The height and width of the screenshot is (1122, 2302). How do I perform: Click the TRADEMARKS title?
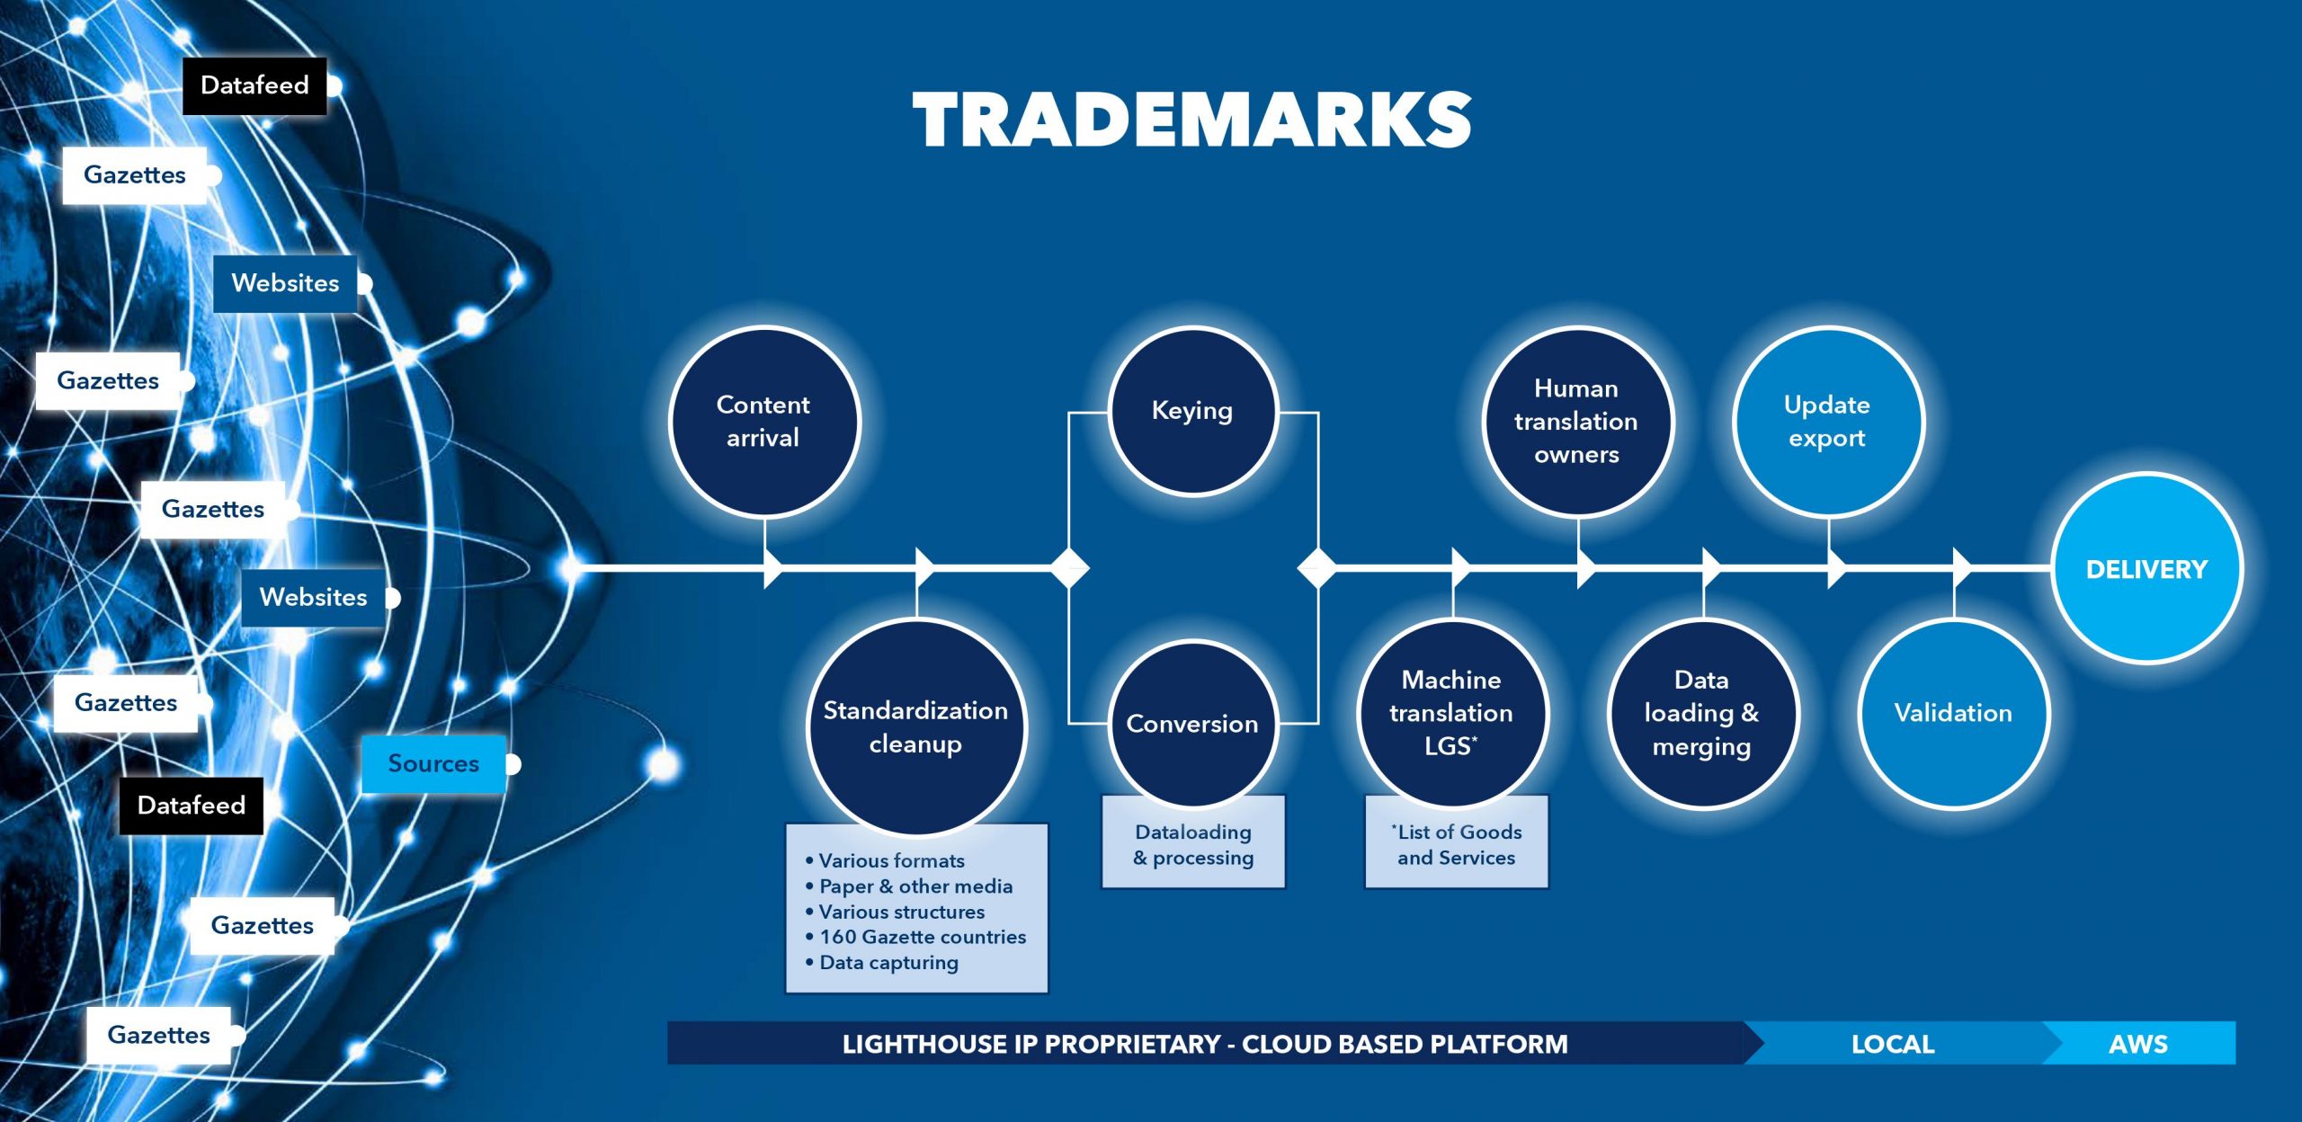[1191, 120]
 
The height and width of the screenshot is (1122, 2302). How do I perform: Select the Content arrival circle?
[763, 422]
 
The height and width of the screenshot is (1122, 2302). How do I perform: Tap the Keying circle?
[1192, 411]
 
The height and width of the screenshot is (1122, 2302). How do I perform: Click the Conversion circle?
[1192, 724]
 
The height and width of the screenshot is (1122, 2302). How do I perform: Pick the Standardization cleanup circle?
[915, 727]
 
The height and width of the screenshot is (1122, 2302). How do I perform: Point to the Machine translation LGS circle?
[1451, 713]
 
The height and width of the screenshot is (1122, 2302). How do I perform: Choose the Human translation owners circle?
[1576, 422]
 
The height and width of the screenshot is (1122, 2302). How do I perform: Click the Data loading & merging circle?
[1701, 713]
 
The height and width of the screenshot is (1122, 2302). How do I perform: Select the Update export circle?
[1827, 422]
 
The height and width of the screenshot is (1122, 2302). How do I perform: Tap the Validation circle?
[1953, 713]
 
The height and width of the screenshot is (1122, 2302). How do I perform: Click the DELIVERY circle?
[2146, 568]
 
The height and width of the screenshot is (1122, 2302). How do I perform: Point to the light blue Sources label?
[433, 763]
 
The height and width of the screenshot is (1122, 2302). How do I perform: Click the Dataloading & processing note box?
[1193, 843]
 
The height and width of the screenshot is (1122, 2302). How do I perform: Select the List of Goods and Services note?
[1457, 843]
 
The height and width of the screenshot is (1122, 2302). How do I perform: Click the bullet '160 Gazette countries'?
[915, 937]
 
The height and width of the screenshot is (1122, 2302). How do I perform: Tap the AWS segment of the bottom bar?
[2138, 1044]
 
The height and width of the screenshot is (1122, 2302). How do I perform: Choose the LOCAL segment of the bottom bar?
[1893, 1044]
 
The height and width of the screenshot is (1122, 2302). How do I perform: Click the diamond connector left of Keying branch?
[1069, 568]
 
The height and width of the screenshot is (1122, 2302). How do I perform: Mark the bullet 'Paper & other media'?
[908, 886]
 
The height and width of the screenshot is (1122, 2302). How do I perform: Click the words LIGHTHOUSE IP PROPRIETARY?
[1031, 1044]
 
